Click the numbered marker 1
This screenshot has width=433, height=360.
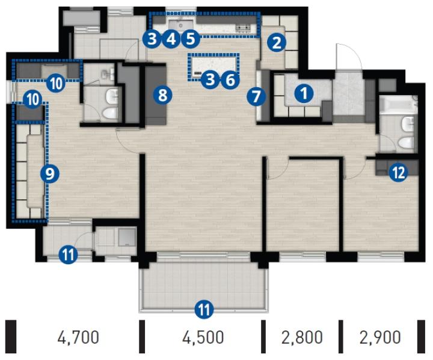click(304, 93)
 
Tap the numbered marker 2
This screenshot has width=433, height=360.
click(277, 43)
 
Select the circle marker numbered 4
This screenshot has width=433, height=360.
click(171, 39)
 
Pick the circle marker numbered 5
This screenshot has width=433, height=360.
click(191, 39)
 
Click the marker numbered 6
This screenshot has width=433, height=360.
click(230, 80)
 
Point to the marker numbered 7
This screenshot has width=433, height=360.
click(256, 96)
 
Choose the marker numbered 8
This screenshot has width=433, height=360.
click(162, 95)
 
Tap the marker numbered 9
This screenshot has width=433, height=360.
click(50, 174)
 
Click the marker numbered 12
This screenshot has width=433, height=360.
click(399, 173)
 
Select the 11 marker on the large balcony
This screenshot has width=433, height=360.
click(204, 309)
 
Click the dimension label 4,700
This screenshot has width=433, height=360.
click(78, 337)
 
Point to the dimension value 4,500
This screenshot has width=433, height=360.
click(203, 337)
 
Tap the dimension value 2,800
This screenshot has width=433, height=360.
click(302, 337)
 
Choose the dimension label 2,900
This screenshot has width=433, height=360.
click(380, 337)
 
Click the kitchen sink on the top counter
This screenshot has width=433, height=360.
click(180, 25)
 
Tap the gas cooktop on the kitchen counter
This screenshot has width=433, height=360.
click(243, 28)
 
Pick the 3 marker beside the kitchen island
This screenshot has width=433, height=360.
click(210, 79)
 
